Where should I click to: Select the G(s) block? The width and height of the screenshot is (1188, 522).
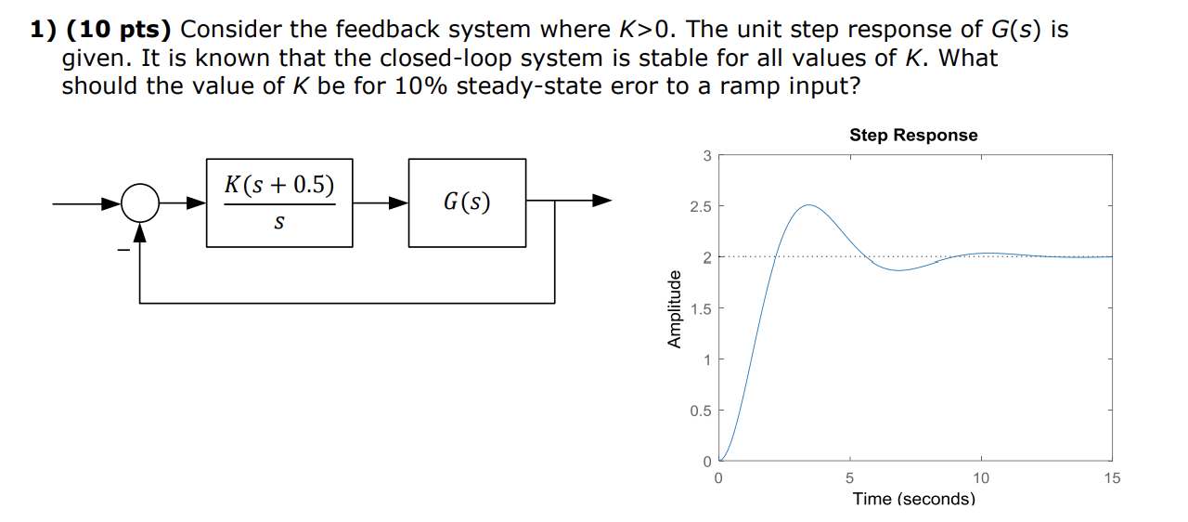467,202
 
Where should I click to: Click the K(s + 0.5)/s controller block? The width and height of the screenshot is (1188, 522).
279,202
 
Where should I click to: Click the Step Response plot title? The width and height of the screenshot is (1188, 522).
913,136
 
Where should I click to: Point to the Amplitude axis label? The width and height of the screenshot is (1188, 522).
675,308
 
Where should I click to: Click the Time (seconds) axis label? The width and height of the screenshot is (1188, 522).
914,499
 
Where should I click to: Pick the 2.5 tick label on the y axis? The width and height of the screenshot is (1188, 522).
701,206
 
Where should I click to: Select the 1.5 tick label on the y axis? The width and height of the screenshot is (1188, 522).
701,308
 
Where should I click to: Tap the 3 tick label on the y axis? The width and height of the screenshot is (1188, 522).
706,156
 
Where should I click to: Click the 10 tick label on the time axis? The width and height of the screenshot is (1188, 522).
981,478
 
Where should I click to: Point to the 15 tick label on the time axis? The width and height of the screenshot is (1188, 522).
1112,478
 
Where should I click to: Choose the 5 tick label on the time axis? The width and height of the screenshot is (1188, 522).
850,478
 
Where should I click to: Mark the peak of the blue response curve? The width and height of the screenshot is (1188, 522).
809,205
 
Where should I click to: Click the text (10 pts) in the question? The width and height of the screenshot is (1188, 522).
119,30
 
